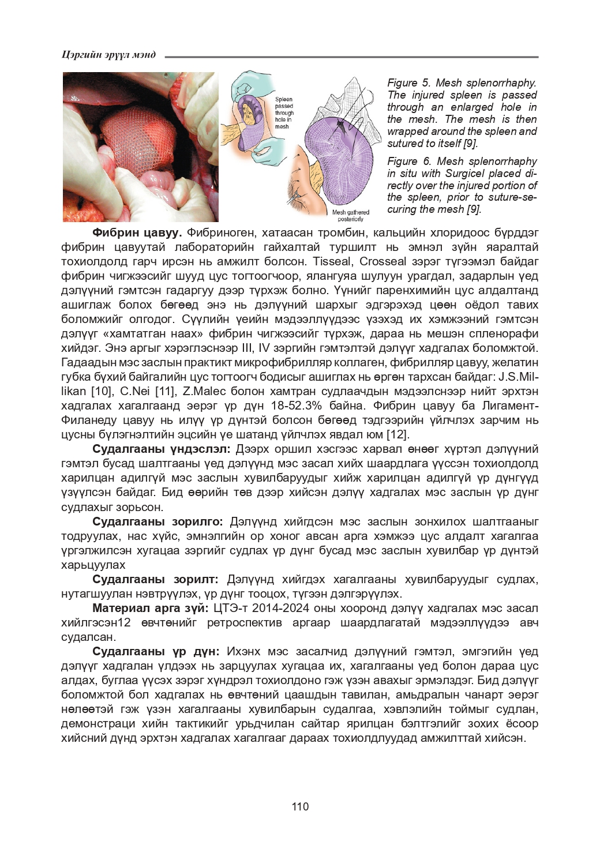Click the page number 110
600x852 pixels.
300,806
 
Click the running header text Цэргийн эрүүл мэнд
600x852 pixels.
108,55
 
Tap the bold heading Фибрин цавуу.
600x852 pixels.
137,232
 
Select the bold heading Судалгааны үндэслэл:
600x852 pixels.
161,449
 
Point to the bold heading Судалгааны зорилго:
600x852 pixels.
157,521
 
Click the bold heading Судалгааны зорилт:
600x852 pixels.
155,579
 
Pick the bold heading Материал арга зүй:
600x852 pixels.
150,608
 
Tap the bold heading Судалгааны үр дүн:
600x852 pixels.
156,651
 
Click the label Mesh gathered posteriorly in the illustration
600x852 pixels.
351,216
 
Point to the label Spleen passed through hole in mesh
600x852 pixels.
284,113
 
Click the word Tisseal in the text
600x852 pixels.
332,261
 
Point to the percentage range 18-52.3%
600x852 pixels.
306,406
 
